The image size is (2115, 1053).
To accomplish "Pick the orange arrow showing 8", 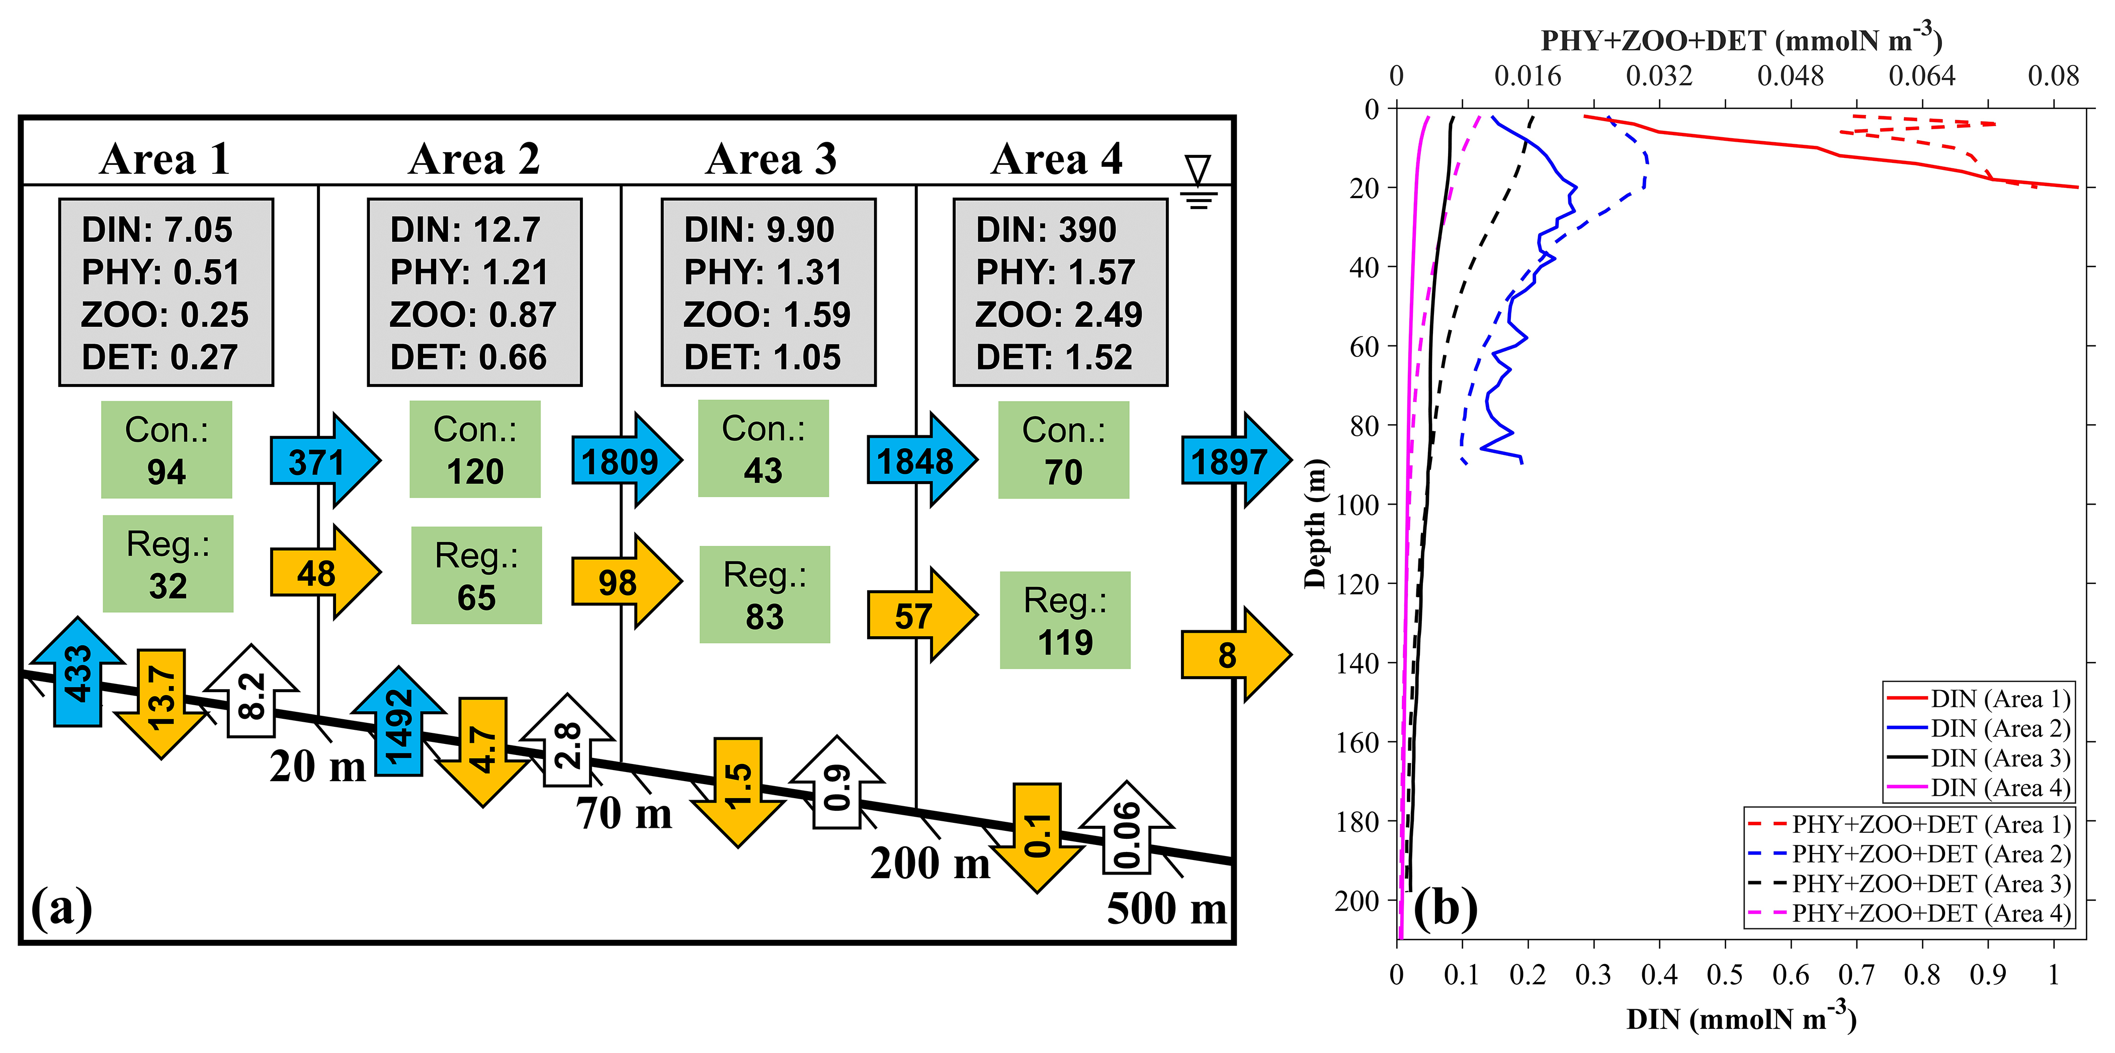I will [1234, 655].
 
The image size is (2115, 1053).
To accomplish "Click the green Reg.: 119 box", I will [1065, 620].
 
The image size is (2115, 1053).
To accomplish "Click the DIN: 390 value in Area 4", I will [1046, 230].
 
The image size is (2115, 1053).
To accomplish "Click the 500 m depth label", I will [1166, 909].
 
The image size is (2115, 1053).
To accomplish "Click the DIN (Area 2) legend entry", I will [1979, 728].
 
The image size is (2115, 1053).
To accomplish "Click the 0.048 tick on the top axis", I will [1790, 76].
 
